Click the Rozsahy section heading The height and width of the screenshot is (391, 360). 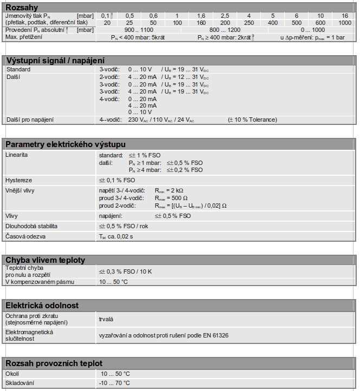22,6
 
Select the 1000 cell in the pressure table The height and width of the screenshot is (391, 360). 345,23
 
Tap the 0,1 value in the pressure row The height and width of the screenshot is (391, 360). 107,16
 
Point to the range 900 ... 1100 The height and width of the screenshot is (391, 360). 139,30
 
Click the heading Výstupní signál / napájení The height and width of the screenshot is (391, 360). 55,61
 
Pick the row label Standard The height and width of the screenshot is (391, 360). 18,70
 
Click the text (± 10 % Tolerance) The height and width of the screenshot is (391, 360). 252,120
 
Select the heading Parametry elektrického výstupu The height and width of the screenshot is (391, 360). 65,144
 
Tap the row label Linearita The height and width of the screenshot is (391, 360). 17,155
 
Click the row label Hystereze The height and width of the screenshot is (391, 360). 18,180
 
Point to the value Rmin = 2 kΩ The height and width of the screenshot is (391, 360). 169,191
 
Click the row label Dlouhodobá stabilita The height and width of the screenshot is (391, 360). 31,226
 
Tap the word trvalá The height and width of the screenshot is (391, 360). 106,320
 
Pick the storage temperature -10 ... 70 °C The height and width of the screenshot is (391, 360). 114,383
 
